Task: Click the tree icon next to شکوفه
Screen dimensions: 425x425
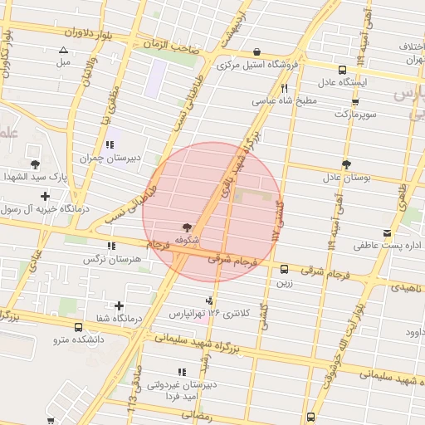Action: tap(186, 227)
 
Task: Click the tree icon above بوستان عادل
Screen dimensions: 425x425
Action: tap(345, 164)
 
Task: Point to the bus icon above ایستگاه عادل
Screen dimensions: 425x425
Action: tap(343, 70)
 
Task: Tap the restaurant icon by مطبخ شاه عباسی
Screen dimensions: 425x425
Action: tap(285, 87)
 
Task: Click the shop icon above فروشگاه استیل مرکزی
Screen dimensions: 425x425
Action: tap(256, 51)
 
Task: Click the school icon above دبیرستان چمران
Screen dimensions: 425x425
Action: tap(110, 144)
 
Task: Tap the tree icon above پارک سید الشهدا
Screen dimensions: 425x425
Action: tap(35, 164)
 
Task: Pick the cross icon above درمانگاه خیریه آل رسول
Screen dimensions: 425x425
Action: tap(44, 197)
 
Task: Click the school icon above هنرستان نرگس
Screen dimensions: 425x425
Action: tap(111, 246)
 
